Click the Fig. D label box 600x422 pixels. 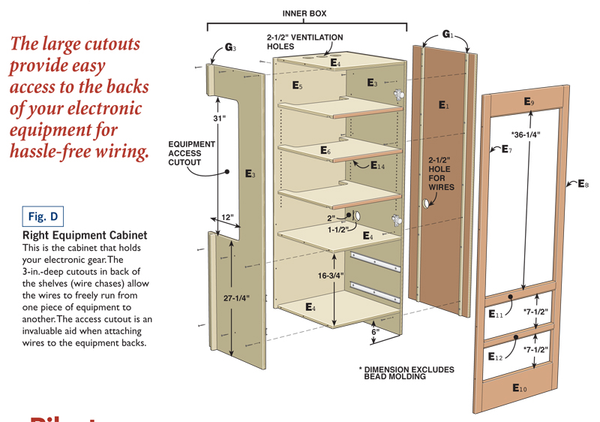point(43,217)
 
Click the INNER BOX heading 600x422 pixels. point(304,14)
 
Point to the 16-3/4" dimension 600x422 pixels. point(330,276)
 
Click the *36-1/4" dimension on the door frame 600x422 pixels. point(526,134)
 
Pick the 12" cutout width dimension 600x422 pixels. point(227,218)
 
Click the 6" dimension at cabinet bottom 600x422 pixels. point(375,331)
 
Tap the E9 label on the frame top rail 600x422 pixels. point(529,101)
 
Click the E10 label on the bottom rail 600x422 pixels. point(519,387)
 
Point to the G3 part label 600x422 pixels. point(230,48)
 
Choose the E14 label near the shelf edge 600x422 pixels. point(379,164)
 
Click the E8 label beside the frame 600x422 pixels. point(583,183)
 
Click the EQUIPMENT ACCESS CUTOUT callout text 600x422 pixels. point(191,152)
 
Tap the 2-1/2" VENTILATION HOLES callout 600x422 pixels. point(304,42)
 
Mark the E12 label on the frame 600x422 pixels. point(495,357)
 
